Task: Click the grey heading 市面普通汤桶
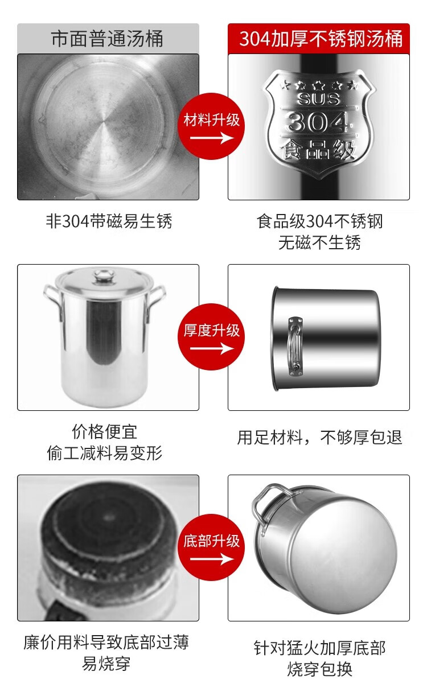(107, 39)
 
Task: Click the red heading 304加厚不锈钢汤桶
(321, 39)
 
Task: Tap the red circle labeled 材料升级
(211, 126)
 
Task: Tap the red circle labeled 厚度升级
(211, 337)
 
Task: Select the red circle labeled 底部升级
(211, 547)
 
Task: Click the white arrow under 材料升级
(212, 138)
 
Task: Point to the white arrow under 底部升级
(212, 559)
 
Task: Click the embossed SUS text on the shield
(318, 99)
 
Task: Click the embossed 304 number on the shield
(318, 122)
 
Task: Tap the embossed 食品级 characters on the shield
(318, 150)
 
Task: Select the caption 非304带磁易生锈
(109, 221)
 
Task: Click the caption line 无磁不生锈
(319, 242)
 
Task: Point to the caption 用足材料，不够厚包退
(319, 438)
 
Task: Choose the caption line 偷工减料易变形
(104, 453)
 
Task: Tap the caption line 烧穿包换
(319, 669)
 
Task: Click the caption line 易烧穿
(106, 664)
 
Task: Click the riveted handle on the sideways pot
(295, 347)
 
